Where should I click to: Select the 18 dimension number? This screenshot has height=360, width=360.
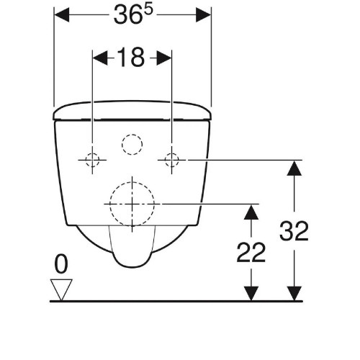point(132,58)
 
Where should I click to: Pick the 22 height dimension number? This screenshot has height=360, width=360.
point(251,252)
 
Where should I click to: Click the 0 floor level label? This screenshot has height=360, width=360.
point(60,264)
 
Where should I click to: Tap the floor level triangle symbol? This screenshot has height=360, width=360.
point(60,289)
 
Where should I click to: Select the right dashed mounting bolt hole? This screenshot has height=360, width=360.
point(171,160)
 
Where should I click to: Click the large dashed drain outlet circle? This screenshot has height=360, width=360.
point(132,203)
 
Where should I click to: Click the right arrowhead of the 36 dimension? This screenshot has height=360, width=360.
point(203,15)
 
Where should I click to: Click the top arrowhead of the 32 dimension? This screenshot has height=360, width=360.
point(293,168)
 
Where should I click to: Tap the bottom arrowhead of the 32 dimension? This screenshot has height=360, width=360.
point(293,292)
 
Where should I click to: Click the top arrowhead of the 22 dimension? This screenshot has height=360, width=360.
point(250,212)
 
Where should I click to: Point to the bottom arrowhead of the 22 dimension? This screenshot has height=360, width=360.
point(250,292)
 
